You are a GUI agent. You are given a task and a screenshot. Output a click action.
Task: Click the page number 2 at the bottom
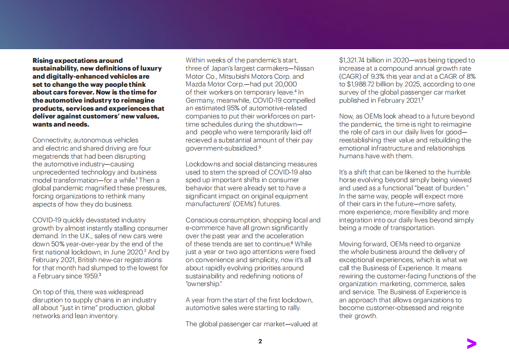click(x=260, y=341)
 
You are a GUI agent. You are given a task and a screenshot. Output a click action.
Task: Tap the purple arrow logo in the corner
click(x=471, y=343)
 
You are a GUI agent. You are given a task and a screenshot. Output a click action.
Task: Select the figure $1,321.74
click(x=355, y=60)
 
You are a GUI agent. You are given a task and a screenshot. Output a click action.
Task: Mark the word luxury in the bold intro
click(x=152, y=68)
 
